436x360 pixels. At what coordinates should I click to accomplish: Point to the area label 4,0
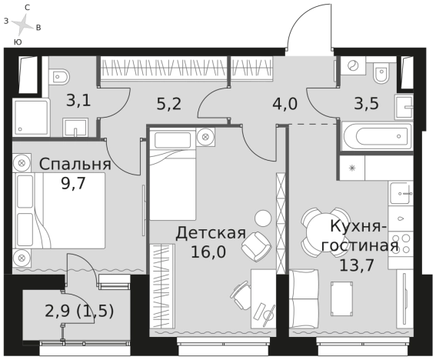284,103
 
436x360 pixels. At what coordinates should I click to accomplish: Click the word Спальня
75,164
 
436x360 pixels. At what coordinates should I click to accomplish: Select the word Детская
210,232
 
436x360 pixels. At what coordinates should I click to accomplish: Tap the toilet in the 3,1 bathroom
60,75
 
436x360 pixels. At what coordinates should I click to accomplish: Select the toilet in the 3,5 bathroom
380,74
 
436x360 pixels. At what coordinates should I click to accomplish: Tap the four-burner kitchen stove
401,224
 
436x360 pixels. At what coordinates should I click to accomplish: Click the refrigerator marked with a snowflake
351,167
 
